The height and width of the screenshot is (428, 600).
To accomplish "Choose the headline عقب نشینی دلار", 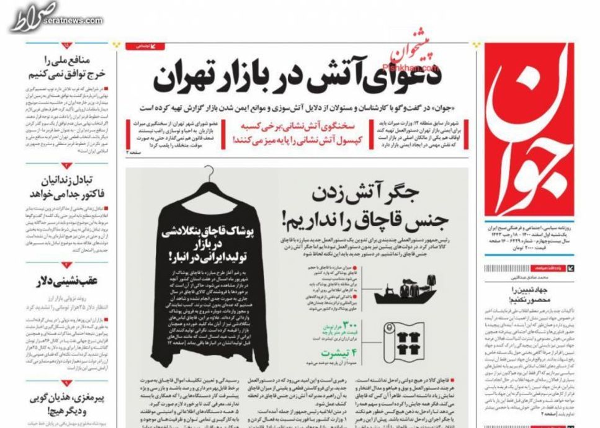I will (x=68, y=280).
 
